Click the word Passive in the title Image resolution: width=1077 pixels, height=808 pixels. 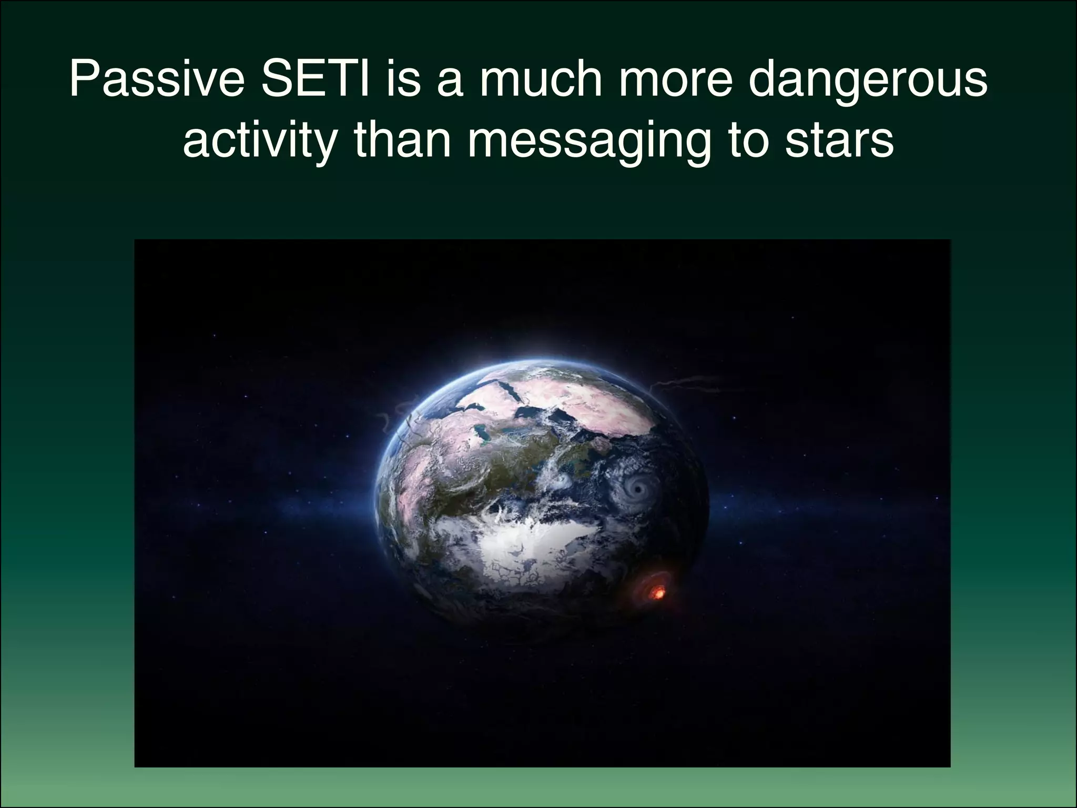click(157, 80)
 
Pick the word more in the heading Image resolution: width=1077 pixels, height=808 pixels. click(676, 80)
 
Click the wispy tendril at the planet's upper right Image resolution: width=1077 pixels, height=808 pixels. click(678, 383)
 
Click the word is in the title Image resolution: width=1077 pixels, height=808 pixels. click(403, 80)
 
